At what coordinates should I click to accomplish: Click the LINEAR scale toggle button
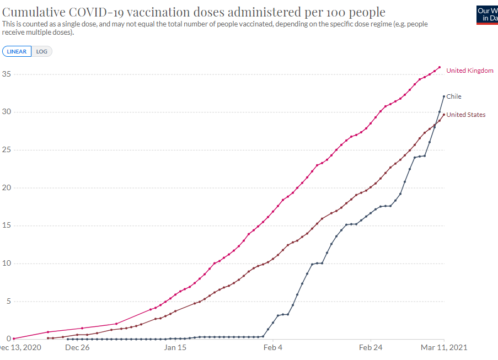pos(17,51)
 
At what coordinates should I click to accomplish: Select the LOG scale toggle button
pos(42,51)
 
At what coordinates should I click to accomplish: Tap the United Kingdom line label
pos(470,71)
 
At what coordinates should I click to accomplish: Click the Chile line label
pos(454,96)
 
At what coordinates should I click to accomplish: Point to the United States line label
pos(466,115)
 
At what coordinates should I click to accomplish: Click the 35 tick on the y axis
pos(6,74)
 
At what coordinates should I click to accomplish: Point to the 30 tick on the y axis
pos(6,112)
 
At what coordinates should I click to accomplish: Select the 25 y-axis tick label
pos(6,150)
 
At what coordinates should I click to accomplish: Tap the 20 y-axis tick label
pos(6,187)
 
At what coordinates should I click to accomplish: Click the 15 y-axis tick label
pos(6,225)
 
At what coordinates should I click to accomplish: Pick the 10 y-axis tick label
pos(6,263)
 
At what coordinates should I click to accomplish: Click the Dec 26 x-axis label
pos(77,348)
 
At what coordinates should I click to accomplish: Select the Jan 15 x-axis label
pos(175,348)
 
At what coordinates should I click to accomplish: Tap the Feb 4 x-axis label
pos(273,348)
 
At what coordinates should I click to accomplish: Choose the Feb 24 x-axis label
pos(371,348)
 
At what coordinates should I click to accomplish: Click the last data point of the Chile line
pos(444,96)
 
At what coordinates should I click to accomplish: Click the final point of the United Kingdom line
pos(440,67)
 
